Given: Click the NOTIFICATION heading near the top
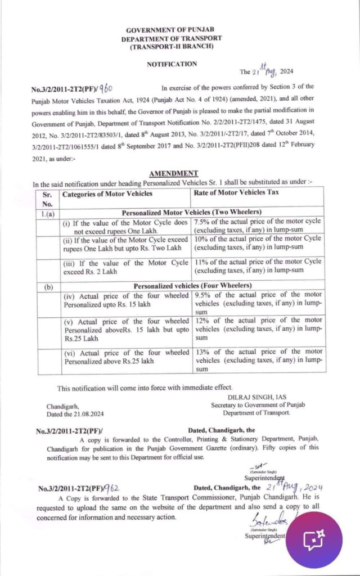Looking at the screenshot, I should click(x=172, y=64).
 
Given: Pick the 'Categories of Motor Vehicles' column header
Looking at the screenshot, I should click(x=107, y=194).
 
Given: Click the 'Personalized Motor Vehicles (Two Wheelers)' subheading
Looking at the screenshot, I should click(x=191, y=213).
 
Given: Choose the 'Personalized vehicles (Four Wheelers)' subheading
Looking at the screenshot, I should click(x=191, y=285).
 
